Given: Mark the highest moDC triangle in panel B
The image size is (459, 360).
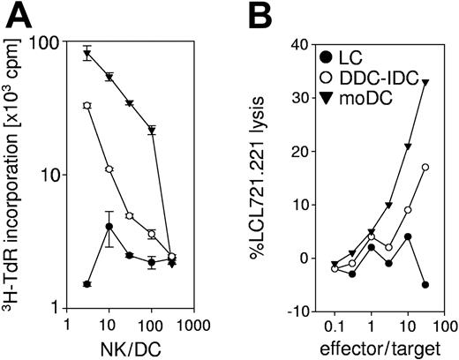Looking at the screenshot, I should (x=425, y=82).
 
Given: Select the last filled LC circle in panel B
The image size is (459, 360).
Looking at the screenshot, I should (x=425, y=284).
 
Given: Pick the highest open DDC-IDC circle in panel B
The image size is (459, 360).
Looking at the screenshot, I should (x=425, y=167).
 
